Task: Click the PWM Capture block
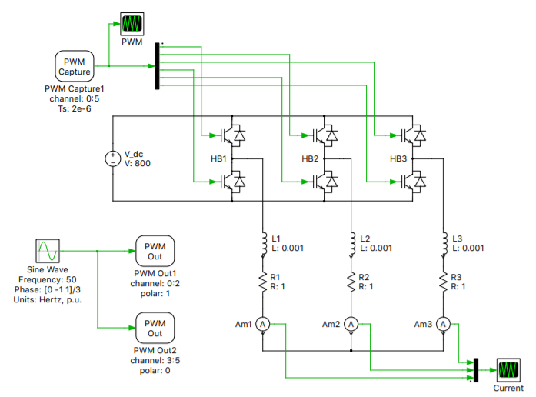pos(75,66)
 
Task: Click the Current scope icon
pos(508,369)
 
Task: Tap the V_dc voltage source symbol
pos(113,158)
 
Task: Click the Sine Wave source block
pos(46,251)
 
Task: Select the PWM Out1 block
pos(155,251)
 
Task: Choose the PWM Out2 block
pos(155,328)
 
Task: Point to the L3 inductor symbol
pos(444,241)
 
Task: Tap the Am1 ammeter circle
pos(262,325)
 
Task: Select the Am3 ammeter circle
pos(444,325)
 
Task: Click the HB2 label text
pos(311,159)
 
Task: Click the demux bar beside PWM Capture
pos(158,66)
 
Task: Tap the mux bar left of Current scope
pos(476,370)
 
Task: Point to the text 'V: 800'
pos(138,164)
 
